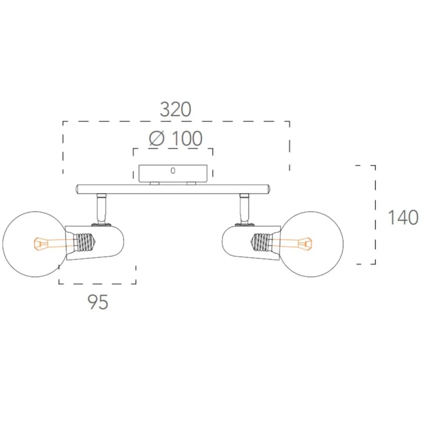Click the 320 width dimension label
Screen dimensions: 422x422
pos(175,109)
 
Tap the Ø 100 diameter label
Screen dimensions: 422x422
pos(175,138)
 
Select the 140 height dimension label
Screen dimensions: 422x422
pos(403,217)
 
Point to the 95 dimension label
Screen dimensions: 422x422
pos(98,301)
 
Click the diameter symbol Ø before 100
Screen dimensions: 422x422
pos(157,138)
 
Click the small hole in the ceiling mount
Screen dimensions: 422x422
pos(173,170)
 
